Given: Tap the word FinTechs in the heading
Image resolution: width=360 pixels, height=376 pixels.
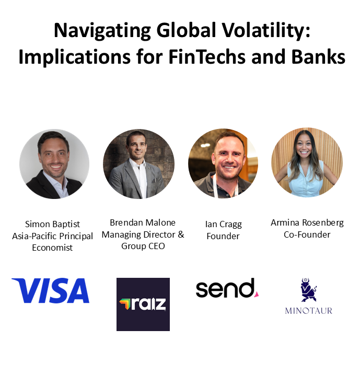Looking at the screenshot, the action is click(207, 57).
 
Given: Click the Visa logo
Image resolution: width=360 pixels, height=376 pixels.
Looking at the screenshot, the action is click(50, 290).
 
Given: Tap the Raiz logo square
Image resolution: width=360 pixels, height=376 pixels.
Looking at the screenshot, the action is click(143, 304).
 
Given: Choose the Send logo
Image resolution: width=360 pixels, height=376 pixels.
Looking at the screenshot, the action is click(227, 288).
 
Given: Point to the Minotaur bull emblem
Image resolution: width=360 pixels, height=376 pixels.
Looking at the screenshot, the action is click(308, 290).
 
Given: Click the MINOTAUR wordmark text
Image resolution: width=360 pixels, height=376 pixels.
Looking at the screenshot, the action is click(309, 311).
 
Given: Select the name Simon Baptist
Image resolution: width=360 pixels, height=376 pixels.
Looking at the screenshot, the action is click(52, 224).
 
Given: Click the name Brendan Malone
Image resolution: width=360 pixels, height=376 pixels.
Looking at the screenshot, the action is click(143, 222).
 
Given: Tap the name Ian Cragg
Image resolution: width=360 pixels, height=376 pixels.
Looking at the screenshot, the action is click(224, 225).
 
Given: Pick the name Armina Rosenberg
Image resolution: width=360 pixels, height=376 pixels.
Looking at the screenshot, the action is click(307, 223).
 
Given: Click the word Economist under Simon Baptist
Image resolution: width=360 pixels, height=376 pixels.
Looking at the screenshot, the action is click(52, 248).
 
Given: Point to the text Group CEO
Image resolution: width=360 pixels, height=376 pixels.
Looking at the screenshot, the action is click(143, 246).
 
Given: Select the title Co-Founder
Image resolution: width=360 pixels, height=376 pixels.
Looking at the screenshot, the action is click(307, 234).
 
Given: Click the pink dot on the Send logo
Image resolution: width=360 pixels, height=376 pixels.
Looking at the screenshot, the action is click(257, 294).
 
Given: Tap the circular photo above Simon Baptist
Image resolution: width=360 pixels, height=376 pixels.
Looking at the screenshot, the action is click(54, 164).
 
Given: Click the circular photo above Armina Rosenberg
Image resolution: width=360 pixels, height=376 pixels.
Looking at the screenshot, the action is click(307, 162).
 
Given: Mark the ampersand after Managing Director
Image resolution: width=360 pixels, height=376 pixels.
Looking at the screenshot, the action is click(181, 234).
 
